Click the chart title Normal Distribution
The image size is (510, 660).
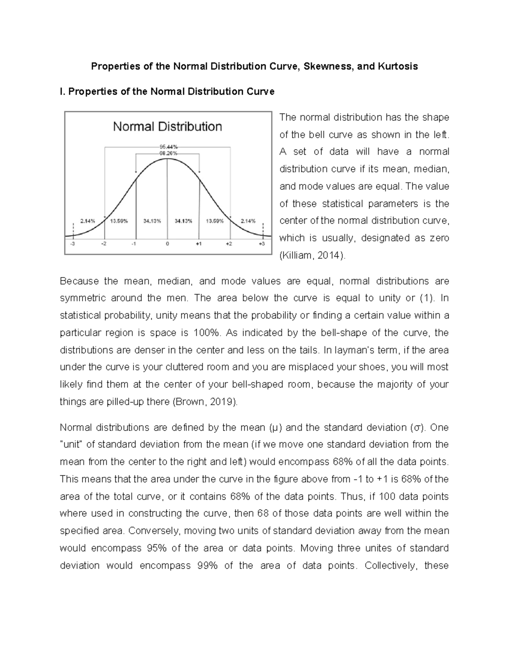click(167, 126)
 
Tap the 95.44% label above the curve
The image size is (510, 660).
click(167, 147)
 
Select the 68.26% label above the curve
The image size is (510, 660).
click(167, 152)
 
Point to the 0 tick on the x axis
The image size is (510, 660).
click(167, 244)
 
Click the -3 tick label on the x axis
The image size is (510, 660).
click(73, 244)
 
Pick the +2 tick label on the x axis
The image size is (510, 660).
click(229, 244)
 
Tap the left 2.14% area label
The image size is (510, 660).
click(88, 221)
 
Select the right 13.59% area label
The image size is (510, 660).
click(215, 221)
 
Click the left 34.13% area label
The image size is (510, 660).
click(152, 221)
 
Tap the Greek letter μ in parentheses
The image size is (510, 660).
click(273, 428)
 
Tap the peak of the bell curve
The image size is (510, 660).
click(167, 159)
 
